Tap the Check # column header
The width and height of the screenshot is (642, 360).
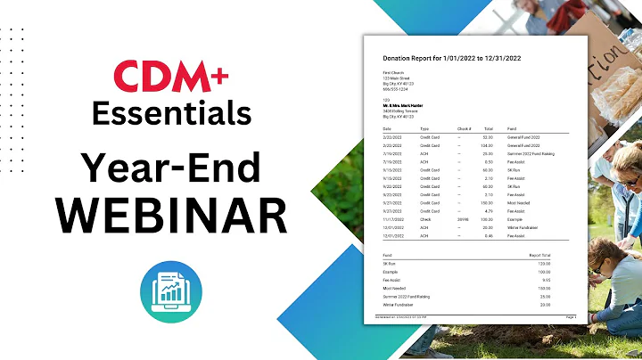464,127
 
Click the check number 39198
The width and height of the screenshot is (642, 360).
462,217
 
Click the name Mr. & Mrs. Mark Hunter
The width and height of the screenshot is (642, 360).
399,106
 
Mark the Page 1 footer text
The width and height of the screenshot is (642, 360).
571,316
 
